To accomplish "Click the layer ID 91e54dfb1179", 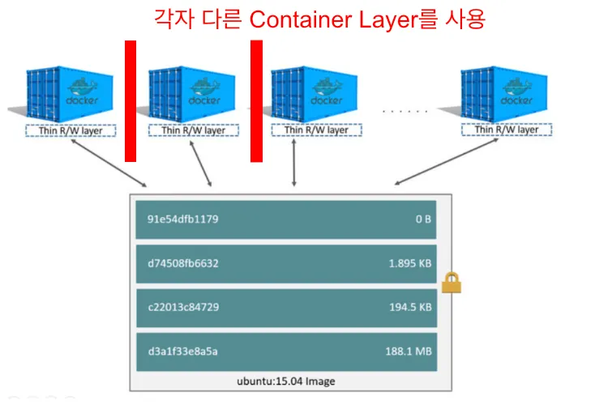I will (182, 219).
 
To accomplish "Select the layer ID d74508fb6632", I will (182, 263).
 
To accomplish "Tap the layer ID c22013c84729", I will (182, 307).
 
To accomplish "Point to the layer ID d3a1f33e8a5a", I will (182, 351).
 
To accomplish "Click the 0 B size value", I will (422, 219).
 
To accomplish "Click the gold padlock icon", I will (451, 283).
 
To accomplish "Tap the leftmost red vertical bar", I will (131, 101).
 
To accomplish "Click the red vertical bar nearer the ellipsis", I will (256, 101).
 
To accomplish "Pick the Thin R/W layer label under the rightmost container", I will (506, 130).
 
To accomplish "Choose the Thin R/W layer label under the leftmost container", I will (69, 130).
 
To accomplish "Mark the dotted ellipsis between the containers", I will (405, 110).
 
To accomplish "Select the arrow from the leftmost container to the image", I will (108, 162).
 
